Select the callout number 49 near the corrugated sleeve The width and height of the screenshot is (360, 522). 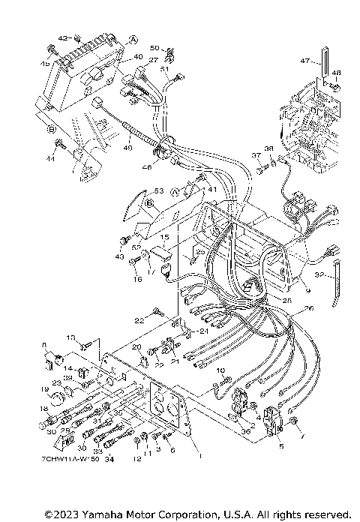(x=127, y=148)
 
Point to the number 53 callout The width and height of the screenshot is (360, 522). (x=157, y=191)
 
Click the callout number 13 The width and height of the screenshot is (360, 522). (x=73, y=337)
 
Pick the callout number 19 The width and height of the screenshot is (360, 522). (x=44, y=390)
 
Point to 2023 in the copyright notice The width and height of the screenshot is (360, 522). (x=68, y=514)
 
